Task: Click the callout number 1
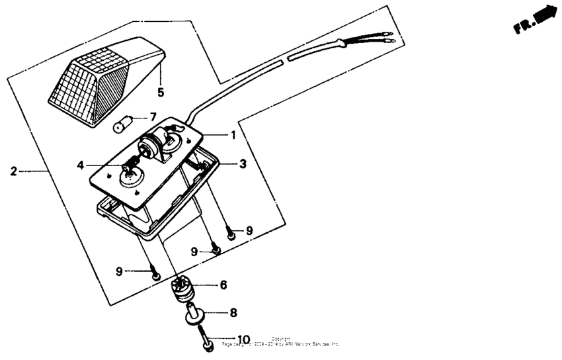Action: [233, 135]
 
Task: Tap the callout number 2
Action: [13, 171]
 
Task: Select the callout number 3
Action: [243, 163]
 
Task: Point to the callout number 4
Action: [80, 165]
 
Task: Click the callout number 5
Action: [160, 92]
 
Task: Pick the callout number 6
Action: [223, 285]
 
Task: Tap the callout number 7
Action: [153, 116]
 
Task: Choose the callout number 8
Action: [233, 312]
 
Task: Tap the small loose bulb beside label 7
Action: [125, 123]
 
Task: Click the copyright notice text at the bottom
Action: [281, 342]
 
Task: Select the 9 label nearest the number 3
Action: [249, 230]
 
